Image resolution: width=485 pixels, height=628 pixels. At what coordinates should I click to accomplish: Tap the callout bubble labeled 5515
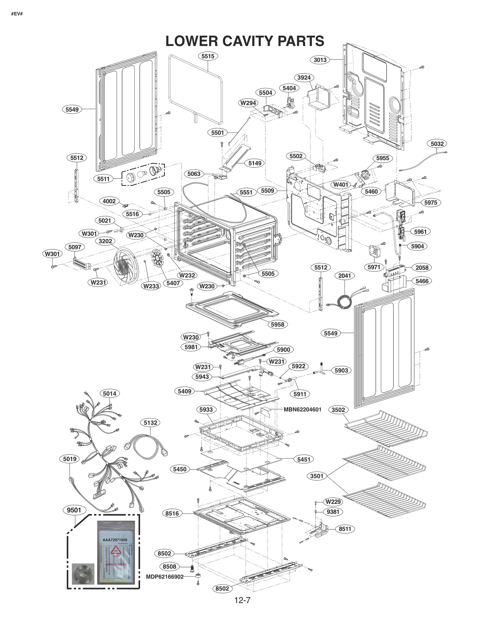coord(208,56)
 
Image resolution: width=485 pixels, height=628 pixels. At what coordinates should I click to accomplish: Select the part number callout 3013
coord(320,60)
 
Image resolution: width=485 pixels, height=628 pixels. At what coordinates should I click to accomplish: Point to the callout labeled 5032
coord(437,144)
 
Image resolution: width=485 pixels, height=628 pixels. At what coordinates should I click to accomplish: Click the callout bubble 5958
coord(277,324)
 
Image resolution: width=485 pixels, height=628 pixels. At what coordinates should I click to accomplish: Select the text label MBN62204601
coord(302,409)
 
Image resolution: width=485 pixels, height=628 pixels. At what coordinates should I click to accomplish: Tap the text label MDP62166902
coord(165,576)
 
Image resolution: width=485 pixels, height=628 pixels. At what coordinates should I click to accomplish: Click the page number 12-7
coord(242,600)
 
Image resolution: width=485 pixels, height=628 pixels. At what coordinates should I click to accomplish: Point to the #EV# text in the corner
coord(17,14)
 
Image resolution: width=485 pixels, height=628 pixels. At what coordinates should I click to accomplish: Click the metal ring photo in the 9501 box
coord(83,573)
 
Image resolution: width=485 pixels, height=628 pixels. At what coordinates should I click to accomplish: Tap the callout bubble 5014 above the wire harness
coord(109,394)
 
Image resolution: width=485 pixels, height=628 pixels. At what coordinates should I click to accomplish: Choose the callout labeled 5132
coord(150,423)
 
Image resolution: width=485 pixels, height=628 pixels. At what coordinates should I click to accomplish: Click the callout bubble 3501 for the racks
coord(317,476)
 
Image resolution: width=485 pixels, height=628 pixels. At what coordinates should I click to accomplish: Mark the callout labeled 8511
coord(345,529)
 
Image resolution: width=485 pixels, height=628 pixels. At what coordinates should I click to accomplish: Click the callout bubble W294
coord(248,103)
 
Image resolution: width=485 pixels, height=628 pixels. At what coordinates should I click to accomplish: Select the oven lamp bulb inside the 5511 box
coord(142,174)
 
